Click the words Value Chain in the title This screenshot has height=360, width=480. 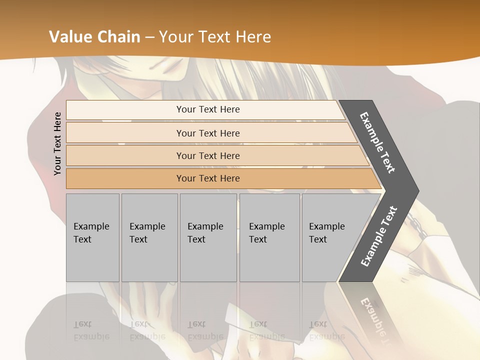click(94, 36)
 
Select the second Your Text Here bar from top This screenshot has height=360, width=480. click(207, 133)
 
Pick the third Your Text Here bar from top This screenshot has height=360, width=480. click(207, 155)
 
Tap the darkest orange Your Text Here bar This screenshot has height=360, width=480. click(207, 178)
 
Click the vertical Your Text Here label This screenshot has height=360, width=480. click(57, 143)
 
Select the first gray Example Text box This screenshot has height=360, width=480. click(92, 237)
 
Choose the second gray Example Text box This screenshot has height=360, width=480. click(149, 237)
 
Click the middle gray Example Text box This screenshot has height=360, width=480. click(208, 237)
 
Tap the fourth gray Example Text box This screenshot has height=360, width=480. click(269, 237)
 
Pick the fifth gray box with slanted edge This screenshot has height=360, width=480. click(330, 237)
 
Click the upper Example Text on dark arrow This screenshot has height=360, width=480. click(377, 142)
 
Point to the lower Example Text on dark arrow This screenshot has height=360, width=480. click(378, 236)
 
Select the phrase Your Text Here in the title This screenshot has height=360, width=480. click(215, 36)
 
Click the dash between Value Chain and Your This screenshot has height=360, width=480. click(149, 36)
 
